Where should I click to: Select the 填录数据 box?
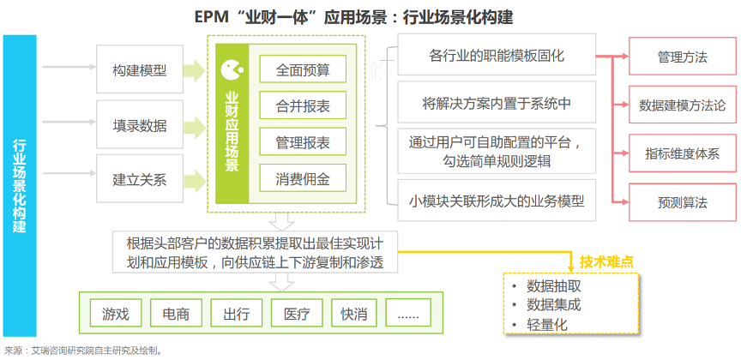140,124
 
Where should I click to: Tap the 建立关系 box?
140,179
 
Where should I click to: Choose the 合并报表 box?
303,105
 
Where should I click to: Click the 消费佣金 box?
303,178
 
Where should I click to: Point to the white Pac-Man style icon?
232,69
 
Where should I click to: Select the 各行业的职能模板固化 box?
497,54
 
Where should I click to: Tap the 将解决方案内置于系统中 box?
497,102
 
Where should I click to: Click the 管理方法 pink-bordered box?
683,57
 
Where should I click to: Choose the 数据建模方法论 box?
683,105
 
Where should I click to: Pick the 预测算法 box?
683,202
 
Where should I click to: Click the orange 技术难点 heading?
606,261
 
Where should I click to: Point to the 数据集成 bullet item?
553,305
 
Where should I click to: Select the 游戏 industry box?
115,313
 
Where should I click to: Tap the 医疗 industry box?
297,313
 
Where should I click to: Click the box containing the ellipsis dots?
408,313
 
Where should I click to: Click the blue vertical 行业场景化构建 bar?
20,186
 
